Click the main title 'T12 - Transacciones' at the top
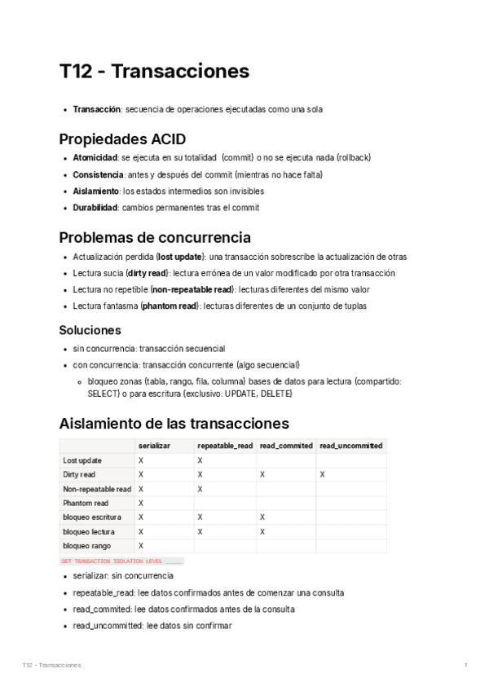154,72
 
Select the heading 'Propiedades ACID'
122,139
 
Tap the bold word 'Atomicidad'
95,157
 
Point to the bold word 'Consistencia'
98,174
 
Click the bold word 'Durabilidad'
95,208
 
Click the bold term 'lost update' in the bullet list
181,257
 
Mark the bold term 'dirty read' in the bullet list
147,273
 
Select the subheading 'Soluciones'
90,330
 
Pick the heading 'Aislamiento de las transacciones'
174,424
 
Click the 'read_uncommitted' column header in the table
350,446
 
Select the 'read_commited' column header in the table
286,446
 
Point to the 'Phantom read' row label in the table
86,503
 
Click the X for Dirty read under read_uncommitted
322,473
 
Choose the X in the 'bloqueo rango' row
141,545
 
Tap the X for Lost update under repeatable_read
200,460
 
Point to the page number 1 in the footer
465,666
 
